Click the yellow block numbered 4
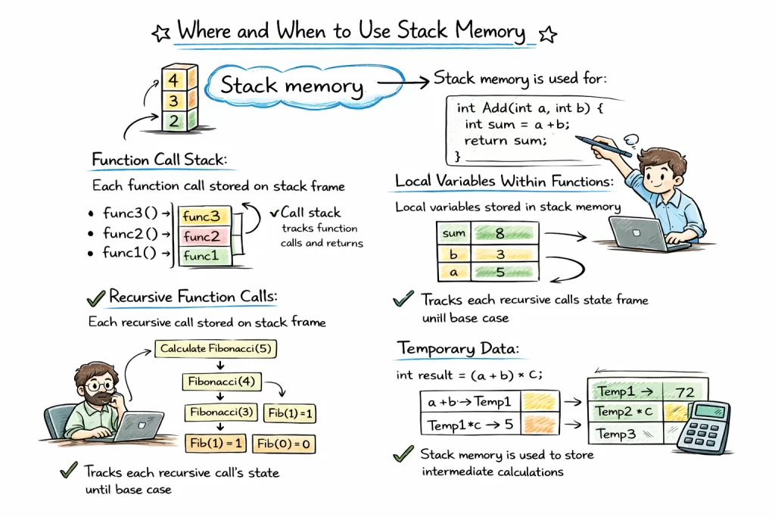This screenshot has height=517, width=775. coord(173,79)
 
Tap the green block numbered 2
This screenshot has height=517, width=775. coord(173,120)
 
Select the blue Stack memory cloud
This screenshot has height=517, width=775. coord(291,86)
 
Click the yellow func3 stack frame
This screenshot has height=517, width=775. coord(201,216)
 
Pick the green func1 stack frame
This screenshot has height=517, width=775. coord(201,256)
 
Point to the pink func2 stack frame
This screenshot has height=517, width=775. coord(201,235)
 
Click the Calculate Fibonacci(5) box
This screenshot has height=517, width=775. coord(216,349)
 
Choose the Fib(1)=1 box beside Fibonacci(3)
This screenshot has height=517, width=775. coord(288,413)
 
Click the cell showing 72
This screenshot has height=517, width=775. coord(685,392)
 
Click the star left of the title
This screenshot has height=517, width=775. coord(161,33)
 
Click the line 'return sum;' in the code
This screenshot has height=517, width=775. coord(504,141)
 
